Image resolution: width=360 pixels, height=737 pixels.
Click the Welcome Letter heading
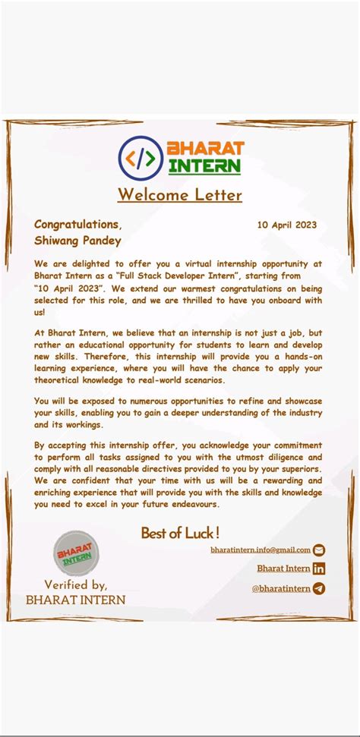179,195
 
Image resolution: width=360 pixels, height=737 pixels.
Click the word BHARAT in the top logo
205,148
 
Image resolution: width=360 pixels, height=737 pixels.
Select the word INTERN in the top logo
205,165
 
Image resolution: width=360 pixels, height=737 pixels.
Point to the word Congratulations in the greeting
77,224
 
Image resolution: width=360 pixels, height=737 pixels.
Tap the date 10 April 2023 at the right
286,225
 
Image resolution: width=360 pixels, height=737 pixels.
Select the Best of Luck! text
180,533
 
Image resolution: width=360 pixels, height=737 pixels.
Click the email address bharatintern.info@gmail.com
261,550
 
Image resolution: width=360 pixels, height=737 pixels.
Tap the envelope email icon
319,550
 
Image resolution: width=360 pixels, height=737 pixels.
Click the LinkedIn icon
319,568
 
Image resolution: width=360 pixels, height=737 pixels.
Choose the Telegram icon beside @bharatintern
319,588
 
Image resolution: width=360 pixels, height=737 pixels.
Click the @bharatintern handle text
281,588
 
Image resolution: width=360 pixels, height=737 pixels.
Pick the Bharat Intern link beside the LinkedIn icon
283,568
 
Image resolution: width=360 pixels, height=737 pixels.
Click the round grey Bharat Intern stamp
75,553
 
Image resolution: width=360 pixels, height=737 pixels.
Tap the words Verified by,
76,584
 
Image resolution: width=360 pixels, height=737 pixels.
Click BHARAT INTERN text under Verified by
75,600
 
